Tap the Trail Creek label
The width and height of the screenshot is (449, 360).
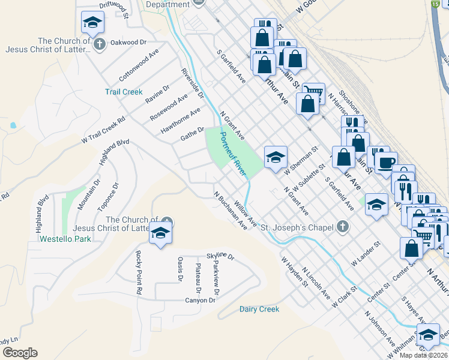click(124, 92)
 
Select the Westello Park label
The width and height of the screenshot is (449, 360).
click(65, 239)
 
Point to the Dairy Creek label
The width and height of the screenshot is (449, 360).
click(259, 309)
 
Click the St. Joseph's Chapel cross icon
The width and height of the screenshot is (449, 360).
click(342, 227)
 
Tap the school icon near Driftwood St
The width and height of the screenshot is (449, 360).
click(92, 23)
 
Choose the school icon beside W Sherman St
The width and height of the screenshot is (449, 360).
click(276, 157)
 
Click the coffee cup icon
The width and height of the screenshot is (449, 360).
click(385, 162)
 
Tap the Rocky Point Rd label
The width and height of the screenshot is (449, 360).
click(137, 272)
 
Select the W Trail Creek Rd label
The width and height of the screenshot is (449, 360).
click(103, 130)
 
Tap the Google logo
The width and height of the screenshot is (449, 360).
click(20, 353)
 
